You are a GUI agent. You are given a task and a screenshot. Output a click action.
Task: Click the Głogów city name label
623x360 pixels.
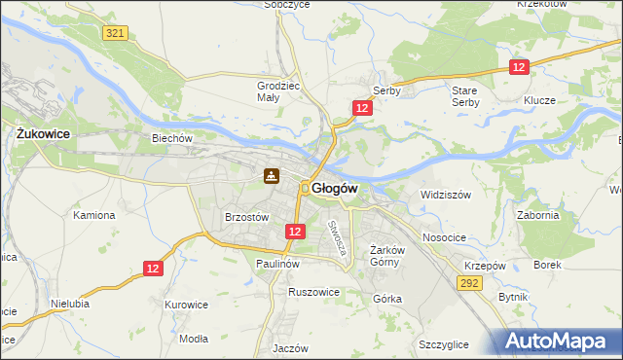(x=336, y=189)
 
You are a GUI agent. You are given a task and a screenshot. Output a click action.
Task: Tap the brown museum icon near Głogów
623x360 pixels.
(x=272, y=176)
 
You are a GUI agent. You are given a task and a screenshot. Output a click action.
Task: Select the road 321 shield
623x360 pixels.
(x=115, y=33)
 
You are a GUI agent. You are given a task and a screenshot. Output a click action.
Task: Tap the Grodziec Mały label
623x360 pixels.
(x=275, y=90)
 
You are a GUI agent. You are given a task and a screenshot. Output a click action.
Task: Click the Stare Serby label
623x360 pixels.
(x=465, y=96)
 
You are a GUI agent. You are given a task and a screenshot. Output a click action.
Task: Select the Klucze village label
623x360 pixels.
(x=538, y=101)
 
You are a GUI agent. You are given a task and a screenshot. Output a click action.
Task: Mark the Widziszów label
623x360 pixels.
(x=446, y=195)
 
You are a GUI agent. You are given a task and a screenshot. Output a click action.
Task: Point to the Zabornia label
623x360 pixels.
(x=538, y=215)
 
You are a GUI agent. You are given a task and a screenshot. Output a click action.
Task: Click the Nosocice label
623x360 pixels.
(x=443, y=237)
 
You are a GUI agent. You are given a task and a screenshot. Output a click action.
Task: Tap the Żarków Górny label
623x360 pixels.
(x=388, y=255)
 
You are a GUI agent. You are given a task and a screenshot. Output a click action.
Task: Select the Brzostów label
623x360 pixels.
(x=246, y=218)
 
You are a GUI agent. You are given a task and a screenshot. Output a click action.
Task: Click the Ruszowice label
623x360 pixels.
(x=313, y=291)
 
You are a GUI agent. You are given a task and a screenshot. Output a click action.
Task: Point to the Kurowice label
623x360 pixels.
(x=187, y=305)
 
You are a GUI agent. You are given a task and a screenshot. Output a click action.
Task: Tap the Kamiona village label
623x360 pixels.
(x=94, y=215)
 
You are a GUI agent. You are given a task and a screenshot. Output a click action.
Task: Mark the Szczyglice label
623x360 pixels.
(x=444, y=345)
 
